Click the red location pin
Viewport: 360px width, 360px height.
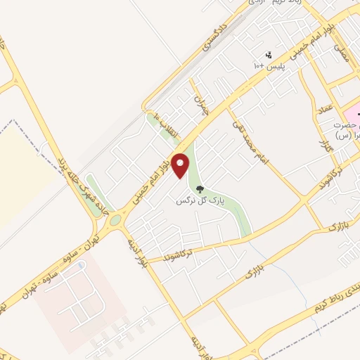pyautogui.click(x=181, y=165)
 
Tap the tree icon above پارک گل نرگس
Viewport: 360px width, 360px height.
pyautogui.click(x=199, y=189)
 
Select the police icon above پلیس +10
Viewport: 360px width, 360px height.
pyautogui.click(x=268, y=54)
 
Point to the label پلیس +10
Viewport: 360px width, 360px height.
pyautogui.click(x=269, y=65)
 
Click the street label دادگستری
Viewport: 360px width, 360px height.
pyautogui.click(x=216, y=41)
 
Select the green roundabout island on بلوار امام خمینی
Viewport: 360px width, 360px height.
pyautogui.click(x=115, y=220)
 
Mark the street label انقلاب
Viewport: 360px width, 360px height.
pyautogui.click(x=167, y=127)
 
